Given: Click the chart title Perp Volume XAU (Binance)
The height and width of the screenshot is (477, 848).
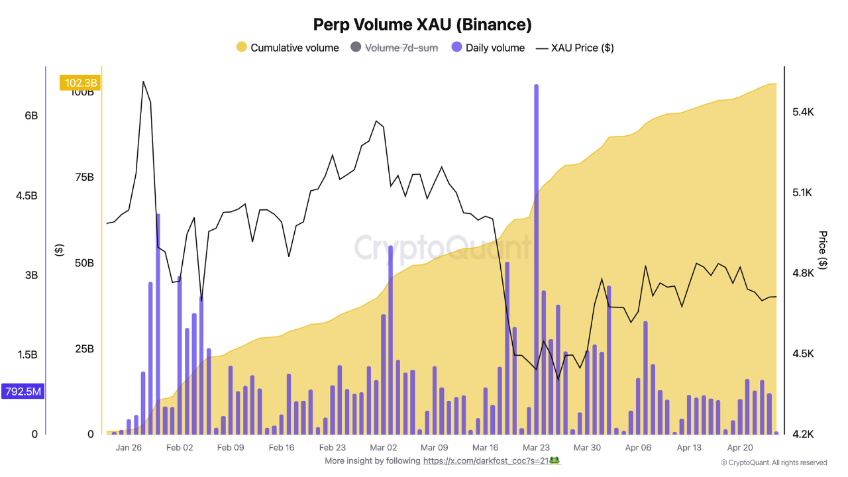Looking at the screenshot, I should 422,25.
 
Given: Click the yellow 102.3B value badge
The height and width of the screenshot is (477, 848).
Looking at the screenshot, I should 80,83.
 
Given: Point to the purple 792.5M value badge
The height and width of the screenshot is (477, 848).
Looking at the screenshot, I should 23,392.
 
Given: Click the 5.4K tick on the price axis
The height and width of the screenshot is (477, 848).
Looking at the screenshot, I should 803,113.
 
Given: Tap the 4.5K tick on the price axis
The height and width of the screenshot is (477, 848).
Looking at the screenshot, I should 803,354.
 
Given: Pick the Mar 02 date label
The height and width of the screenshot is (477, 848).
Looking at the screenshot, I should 383,447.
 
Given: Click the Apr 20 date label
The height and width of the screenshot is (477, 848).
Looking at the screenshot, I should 739,447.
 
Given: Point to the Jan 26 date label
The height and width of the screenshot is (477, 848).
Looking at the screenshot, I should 129,447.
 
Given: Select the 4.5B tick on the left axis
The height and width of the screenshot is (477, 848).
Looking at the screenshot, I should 27,195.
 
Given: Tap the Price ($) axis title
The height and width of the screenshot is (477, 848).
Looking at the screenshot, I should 823,250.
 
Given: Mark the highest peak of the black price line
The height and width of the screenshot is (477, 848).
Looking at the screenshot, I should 143,81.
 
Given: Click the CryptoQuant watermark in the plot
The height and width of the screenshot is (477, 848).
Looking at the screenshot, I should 443,248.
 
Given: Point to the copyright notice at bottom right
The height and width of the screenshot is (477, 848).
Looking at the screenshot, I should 774,462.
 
